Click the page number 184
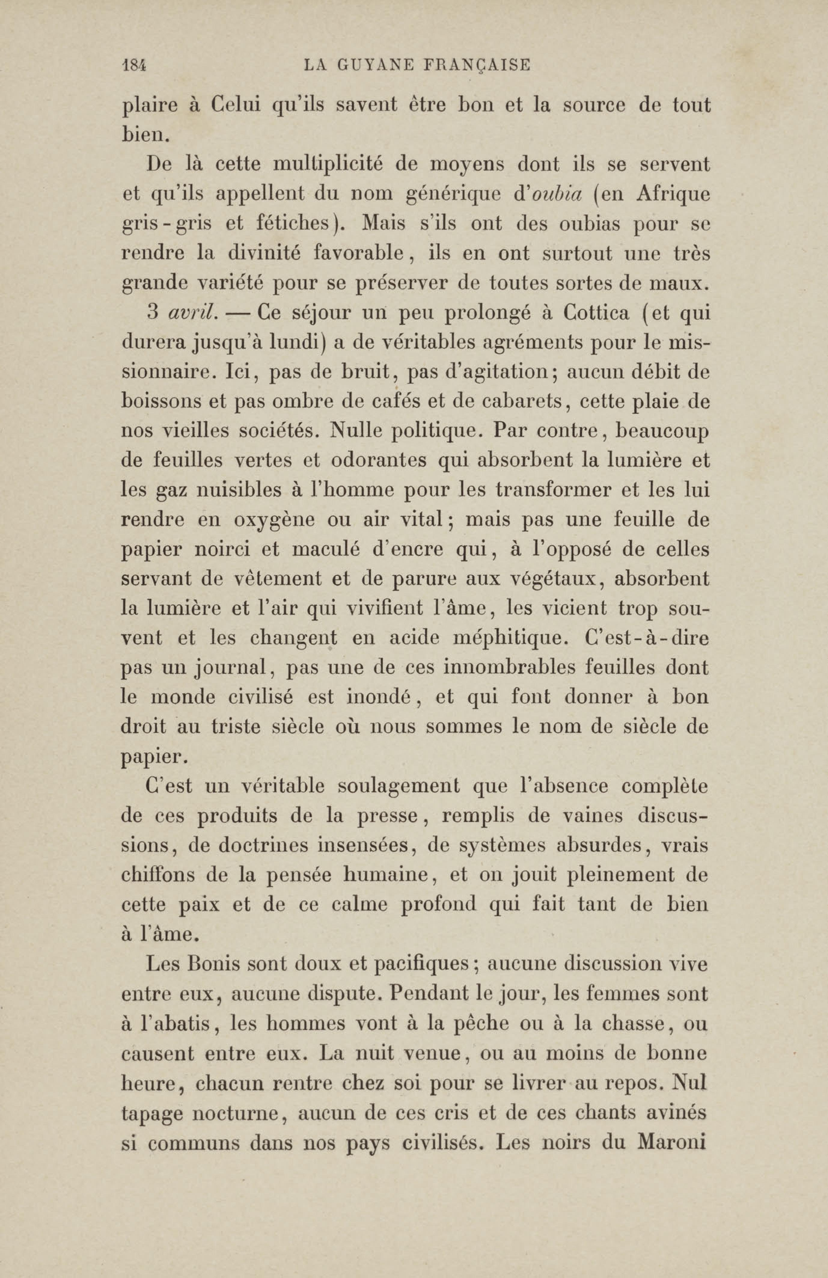[x=134, y=66]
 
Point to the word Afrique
[x=673, y=194]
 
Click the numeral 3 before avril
[x=152, y=313]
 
